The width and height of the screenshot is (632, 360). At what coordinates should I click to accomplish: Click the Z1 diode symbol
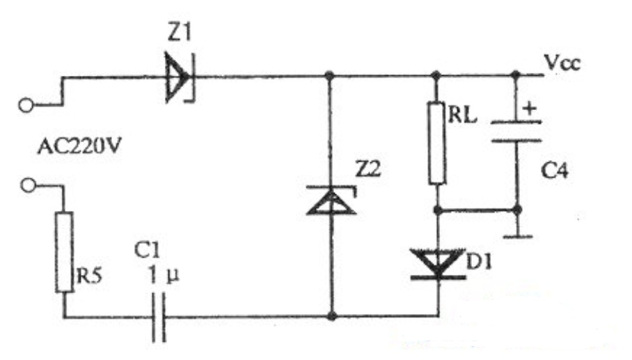point(180,77)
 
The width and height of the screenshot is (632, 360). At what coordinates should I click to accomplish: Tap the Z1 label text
point(180,32)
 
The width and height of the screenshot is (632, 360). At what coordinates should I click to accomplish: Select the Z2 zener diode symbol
point(331,200)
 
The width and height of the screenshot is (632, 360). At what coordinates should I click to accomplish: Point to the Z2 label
point(368,169)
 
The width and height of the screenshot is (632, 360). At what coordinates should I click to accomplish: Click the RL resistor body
point(436,143)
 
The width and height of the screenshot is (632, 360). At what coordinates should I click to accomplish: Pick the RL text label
point(462,115)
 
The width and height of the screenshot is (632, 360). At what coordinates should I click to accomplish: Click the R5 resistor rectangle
point(65,252)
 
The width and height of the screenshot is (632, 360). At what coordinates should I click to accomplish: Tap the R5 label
point(89,276)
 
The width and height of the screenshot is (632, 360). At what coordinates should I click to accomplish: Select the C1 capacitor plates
point(159,318)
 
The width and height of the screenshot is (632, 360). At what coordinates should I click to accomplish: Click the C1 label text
point(147,251)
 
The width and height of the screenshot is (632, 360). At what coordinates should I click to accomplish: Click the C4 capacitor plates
point(516,132)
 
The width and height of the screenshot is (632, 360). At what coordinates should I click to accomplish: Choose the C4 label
point(555,171)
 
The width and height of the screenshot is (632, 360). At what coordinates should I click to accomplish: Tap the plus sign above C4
point(530,108)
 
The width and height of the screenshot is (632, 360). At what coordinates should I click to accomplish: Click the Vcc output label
point(562,63)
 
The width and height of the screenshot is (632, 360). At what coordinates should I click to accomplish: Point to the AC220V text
point(79,146)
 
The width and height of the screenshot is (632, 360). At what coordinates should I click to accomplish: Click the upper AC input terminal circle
point(26,105)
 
